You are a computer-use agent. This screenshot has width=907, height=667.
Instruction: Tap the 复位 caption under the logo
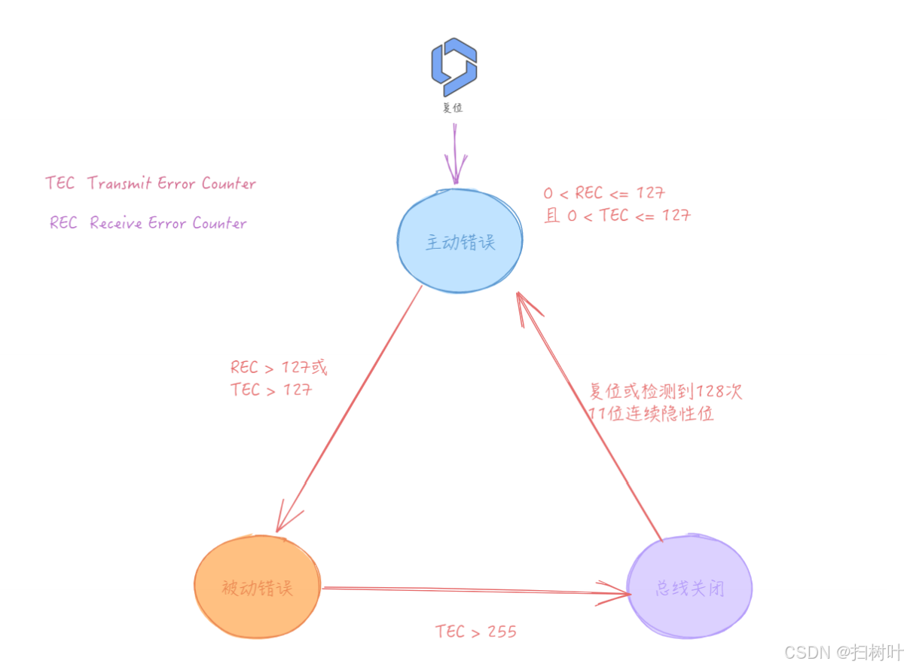tap(453, 107)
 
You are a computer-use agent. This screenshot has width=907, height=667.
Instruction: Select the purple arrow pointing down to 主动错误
tap(455, 155)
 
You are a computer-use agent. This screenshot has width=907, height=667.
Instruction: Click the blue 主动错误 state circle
tap(460, 242)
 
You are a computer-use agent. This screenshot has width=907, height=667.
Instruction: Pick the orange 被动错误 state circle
tap(257, 587)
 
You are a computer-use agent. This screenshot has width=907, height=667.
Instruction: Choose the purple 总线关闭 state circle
tap(689, 587)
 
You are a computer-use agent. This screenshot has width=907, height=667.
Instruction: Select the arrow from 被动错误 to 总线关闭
tap(475, 590)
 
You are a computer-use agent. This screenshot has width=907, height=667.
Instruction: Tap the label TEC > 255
tap(476, 631)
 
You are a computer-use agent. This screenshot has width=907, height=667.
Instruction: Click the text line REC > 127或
tap(279, 368)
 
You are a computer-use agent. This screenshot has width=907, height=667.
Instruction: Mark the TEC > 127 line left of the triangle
tap(271, 390)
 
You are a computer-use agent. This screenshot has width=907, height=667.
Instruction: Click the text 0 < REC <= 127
tap(604, 193)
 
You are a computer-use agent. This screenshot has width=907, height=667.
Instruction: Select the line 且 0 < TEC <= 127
tap(617, 216)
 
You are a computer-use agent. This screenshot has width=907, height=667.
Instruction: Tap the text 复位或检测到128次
tap(666, 392)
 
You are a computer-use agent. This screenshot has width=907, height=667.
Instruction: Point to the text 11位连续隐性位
tap(652, 414)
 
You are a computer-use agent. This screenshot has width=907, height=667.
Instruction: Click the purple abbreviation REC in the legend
tap(63, 223)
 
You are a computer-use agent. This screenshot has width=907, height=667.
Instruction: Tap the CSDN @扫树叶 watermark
tap(843, 651)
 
